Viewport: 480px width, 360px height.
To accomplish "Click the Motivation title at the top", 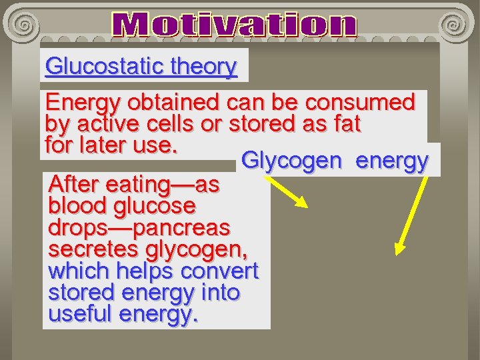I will (x=235, y=25).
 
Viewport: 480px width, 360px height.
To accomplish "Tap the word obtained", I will (x=173, y=103).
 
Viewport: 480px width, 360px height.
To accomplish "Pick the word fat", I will (x=345, y=124).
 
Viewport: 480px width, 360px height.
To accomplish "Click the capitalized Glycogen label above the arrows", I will (x=293, y=161).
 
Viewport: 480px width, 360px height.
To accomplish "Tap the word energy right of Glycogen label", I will (x=391, y=161).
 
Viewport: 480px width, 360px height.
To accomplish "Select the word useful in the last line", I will (x=80, y=314).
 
